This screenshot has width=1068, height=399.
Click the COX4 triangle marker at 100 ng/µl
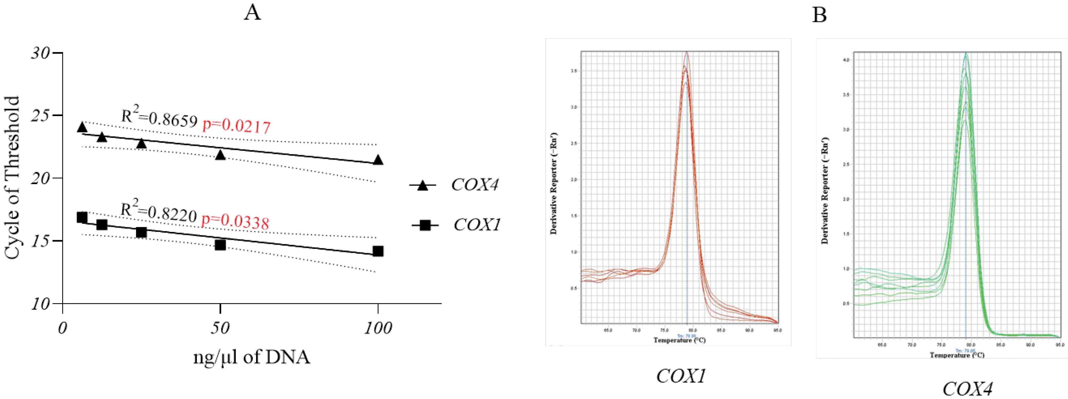pos(378,160)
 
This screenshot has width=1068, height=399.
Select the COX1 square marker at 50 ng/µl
pos(220,245)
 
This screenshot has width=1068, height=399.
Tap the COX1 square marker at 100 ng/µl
pos(378,251)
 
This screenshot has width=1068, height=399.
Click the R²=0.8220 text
pos(158,213)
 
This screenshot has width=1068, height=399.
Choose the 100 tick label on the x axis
pos(377,329)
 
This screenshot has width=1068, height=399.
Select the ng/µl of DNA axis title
pos(251,357)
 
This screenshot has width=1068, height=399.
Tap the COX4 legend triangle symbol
pos(423,186)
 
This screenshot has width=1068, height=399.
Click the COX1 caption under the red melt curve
pos(681,376)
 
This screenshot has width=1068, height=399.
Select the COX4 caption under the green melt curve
pos(967,389)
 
